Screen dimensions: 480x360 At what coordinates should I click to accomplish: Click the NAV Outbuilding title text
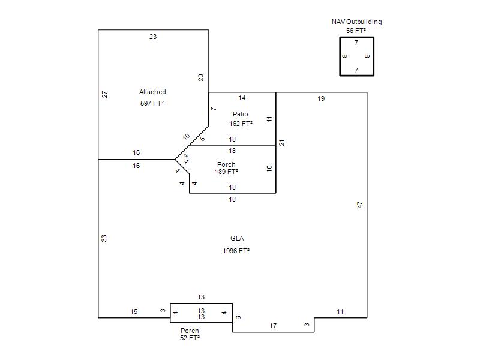pos(356,22)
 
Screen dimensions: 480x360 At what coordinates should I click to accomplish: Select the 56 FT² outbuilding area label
pos(356,31)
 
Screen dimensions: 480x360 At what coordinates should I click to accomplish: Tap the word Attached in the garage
pos(152,92)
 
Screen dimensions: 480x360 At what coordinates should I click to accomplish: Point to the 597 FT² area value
pos(152,103)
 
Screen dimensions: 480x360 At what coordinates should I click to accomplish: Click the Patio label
pos(241,114)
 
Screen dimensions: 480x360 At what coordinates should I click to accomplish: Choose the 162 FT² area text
pos(241,124)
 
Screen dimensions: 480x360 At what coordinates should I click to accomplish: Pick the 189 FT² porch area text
pos(227,172)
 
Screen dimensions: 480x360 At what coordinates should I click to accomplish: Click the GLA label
pos(237,238)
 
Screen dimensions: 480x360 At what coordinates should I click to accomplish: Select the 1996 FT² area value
pos(236,251)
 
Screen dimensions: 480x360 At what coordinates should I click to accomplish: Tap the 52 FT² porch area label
pos(190,338)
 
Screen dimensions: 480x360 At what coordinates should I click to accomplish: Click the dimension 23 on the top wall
pos(153,37)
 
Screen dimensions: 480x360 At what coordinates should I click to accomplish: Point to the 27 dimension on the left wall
pos(104,94)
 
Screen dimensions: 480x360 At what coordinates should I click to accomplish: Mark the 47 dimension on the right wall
pos(359,205)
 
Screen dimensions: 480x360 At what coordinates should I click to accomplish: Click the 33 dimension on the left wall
pos(104,238)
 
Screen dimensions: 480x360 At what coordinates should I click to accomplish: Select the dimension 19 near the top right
pos(321,98)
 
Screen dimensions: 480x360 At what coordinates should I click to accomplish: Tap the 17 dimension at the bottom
pos(273,326)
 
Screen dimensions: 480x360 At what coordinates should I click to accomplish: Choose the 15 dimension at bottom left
pos(134,311)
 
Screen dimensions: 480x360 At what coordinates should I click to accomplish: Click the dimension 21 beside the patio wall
pos(281,143)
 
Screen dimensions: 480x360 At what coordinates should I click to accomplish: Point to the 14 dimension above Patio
pos(242,98)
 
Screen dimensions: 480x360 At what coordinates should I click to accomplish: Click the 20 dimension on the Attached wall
pos(201,77)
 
